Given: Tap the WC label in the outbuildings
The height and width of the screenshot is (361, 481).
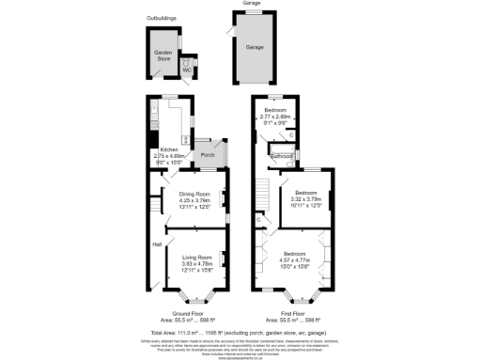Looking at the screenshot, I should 186,70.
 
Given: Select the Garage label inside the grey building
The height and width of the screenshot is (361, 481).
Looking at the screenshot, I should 255,46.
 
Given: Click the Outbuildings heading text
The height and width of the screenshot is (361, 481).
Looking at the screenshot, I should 163,18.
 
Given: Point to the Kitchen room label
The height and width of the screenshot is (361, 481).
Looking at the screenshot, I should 169,149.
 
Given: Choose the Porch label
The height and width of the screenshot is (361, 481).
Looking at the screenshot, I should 208,154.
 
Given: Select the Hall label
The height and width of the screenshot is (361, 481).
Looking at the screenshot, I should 157,246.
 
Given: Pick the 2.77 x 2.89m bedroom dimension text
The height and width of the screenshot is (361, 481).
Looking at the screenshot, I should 278,117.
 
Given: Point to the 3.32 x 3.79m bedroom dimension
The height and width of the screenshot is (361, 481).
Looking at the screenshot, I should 307,199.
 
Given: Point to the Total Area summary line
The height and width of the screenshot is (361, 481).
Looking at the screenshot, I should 240,332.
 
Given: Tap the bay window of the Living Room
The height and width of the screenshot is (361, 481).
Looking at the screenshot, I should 195,299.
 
